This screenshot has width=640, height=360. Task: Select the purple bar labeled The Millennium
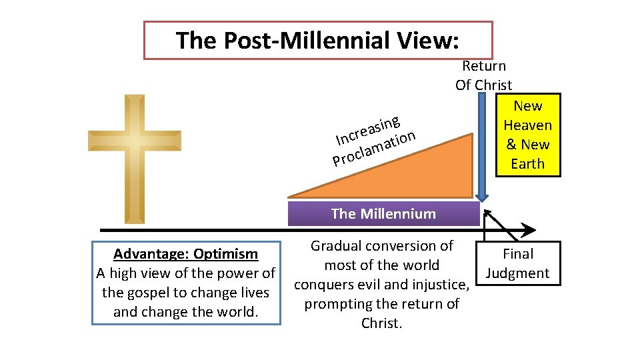[x=383, y=214]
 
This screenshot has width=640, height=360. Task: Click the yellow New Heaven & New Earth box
[x=527, y=135]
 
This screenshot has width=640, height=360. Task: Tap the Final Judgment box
[x=518, y=263]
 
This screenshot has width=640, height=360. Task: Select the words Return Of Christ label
[x=484, y=75]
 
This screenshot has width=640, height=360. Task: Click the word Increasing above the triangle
[x=367, y=130]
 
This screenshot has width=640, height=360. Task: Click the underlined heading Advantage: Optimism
[x=185, y=254]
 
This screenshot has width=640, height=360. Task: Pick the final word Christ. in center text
[x=382, y=323]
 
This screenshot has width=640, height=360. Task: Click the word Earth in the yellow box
[x=527, y=164]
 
